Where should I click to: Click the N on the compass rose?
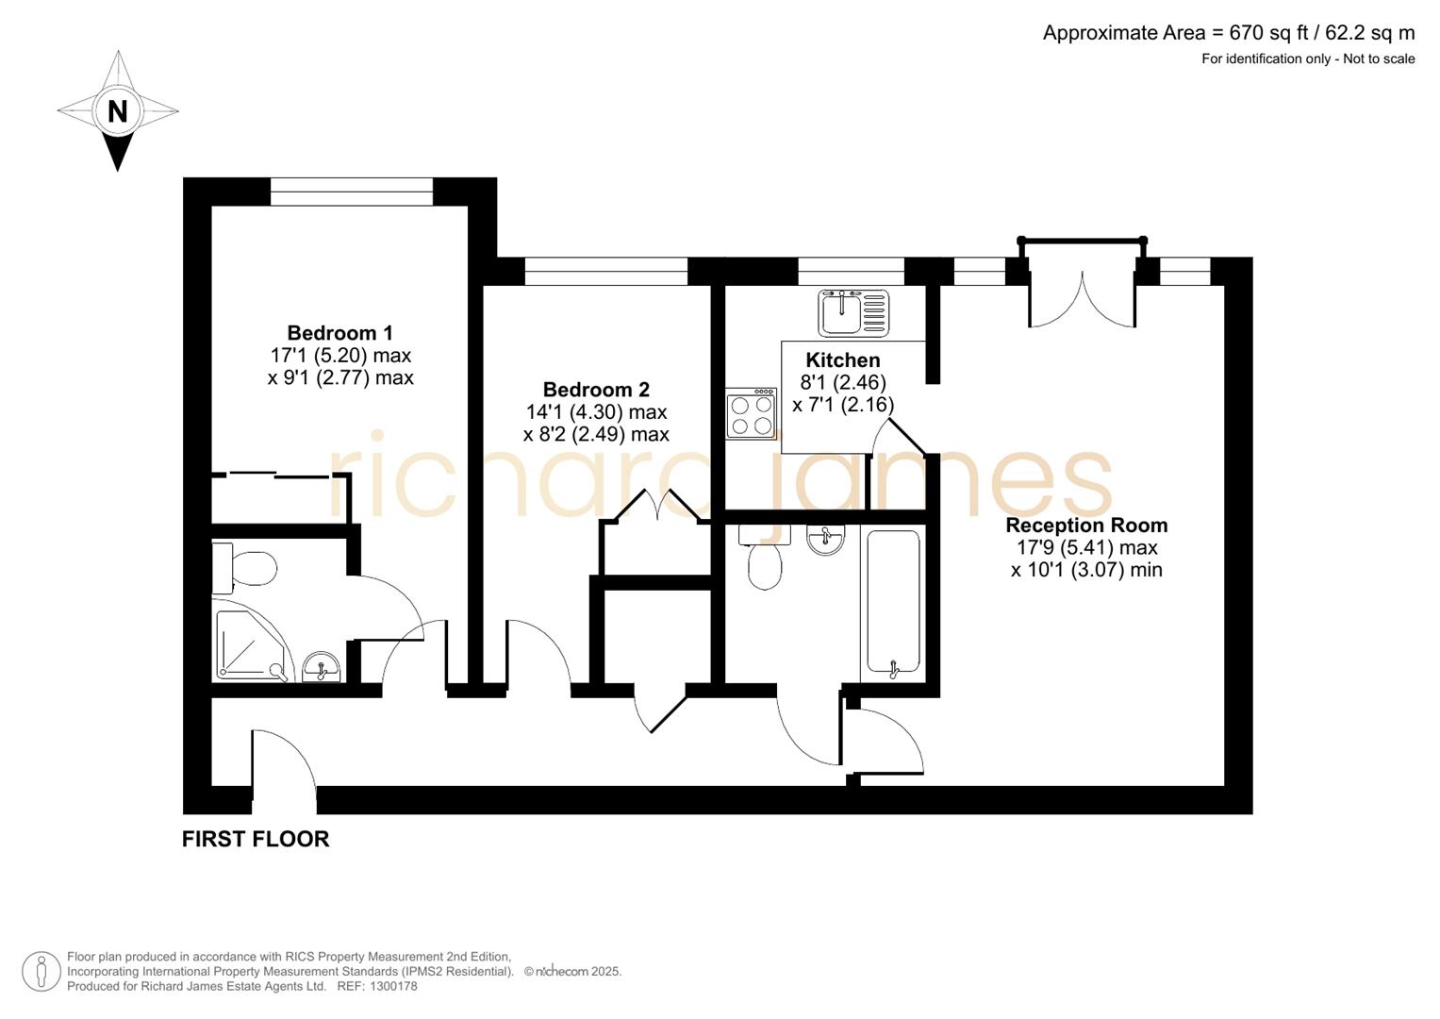coord(117,111)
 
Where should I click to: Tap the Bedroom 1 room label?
coord(339,333)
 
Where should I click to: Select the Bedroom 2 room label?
coord(596,390)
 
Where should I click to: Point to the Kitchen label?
coord(843,360)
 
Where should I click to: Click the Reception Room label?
coord(1086,526)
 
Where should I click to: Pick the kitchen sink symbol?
coord(853,312)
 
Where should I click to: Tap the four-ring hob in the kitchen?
coord(751,414)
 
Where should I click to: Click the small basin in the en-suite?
coord(323,667)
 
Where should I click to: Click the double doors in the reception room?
coord(1082,297)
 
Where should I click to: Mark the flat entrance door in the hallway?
coord(283,764)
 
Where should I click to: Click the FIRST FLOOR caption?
coord(256,839)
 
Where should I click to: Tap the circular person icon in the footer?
coord(41,971)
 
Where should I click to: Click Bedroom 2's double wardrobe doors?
coord(656,507)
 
